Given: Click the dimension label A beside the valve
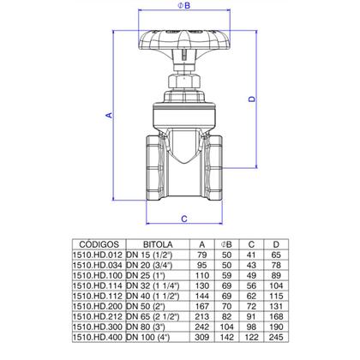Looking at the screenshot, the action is click(x=109, y=115).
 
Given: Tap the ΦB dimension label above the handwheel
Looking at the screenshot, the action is click(x=184, y=5).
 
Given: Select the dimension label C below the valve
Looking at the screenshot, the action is click(x=184, y=219).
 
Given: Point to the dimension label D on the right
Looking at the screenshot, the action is click(x=252, y=99).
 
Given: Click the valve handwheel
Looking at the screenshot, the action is click(x=184, y=39).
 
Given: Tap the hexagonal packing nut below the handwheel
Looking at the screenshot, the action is click(x=184, y=81).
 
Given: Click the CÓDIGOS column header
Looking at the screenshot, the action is click(x=99, y=244).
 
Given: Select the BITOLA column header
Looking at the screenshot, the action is click(x=158, y=244).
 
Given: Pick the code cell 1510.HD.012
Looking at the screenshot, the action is click(x=98, y=255).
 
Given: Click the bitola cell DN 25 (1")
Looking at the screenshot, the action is click(x=146, y=275).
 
